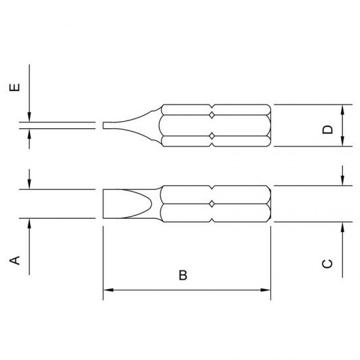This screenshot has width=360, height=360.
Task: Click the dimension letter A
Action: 14,260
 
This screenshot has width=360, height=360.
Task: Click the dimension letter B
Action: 183,275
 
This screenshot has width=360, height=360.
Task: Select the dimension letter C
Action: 327,264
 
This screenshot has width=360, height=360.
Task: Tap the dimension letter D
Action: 327,130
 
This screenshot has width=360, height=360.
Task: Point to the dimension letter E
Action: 14,87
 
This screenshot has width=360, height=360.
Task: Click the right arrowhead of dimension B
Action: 265,290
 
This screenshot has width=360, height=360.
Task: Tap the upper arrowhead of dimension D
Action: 342,110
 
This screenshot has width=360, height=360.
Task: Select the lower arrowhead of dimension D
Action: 342,141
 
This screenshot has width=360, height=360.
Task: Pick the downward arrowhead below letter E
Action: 29,117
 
